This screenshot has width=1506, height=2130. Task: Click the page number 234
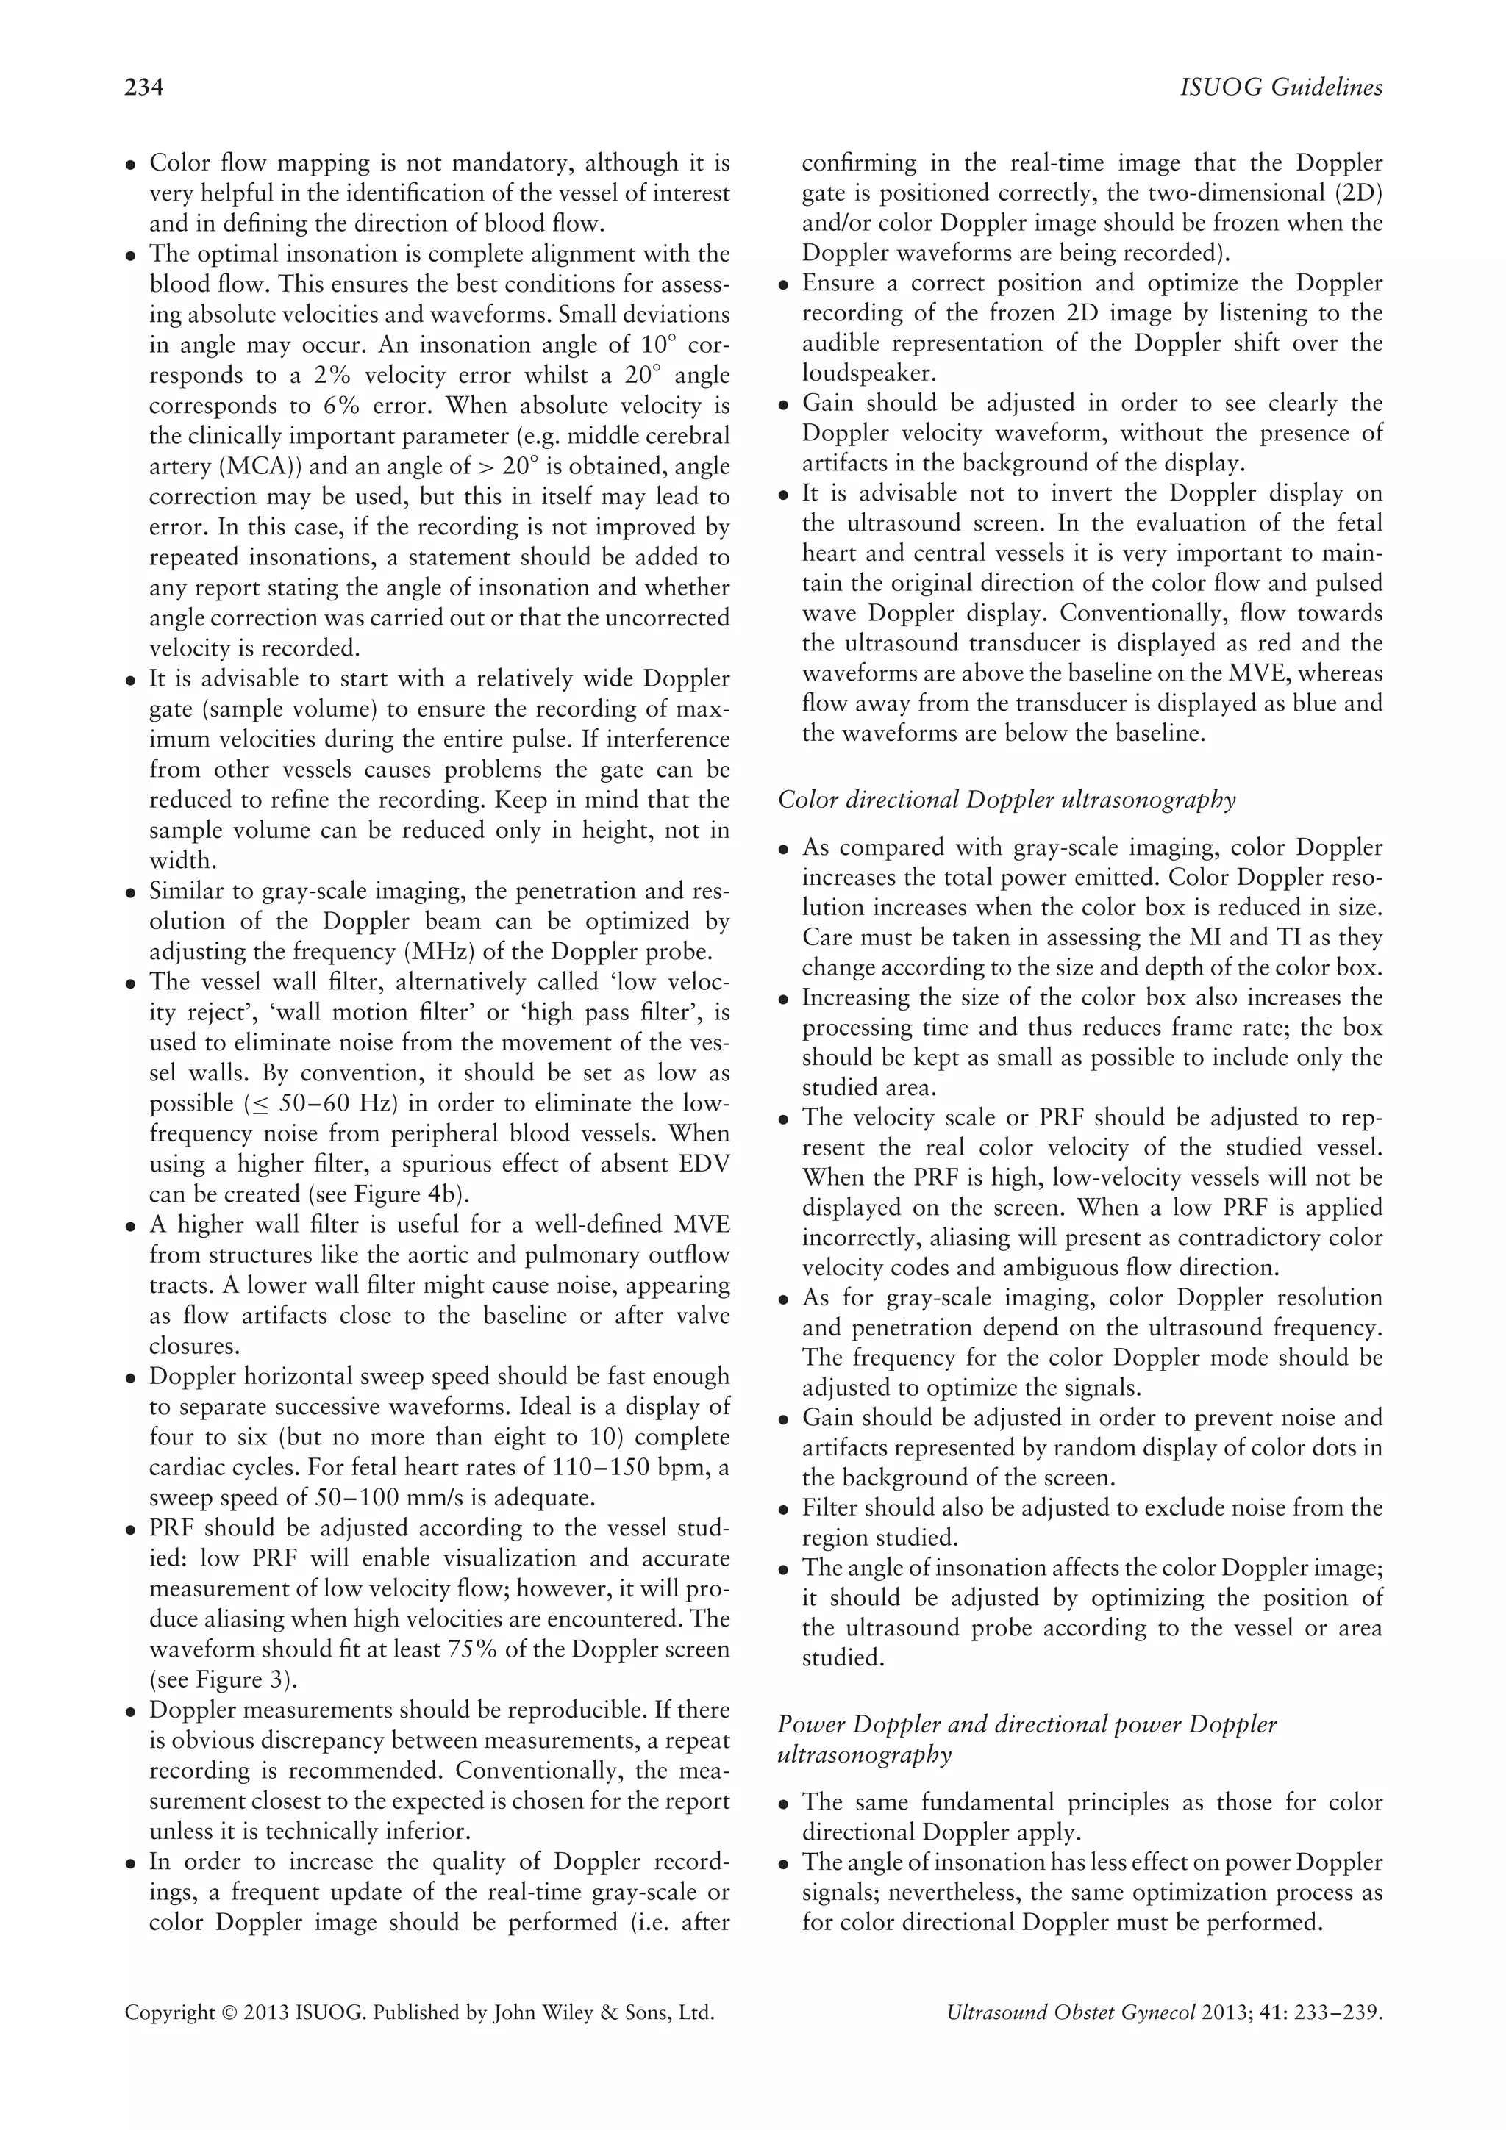pos(144,88)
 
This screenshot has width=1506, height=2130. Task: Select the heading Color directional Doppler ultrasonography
pos(1007,800)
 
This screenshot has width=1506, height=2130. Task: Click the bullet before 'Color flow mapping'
pos(132,165)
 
